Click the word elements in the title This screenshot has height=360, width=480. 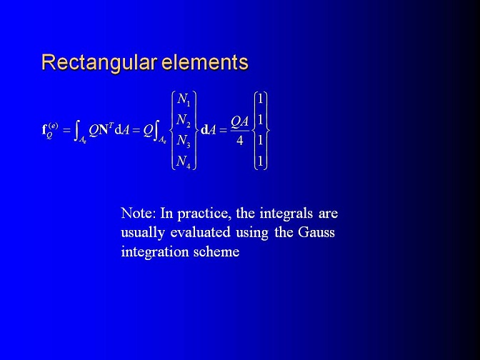tap(205, 62)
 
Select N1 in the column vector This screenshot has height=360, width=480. tap(184, 99)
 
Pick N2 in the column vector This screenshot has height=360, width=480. tap(184, 120)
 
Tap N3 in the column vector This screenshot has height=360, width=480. tap(184, 141)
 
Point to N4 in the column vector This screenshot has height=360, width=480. tap(184, 161)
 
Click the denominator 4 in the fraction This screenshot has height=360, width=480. tap(240, 141)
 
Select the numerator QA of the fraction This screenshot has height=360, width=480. tap(240, 122)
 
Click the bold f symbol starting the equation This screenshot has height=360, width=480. tap(44, 129)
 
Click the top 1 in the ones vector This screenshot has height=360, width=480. tap(261, 99)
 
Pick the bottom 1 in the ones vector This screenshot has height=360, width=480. tap(261, 161)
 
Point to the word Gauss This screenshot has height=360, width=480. tap(316, 232)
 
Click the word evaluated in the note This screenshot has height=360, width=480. tap(200, 232)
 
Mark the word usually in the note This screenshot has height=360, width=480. tap(143, 234)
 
